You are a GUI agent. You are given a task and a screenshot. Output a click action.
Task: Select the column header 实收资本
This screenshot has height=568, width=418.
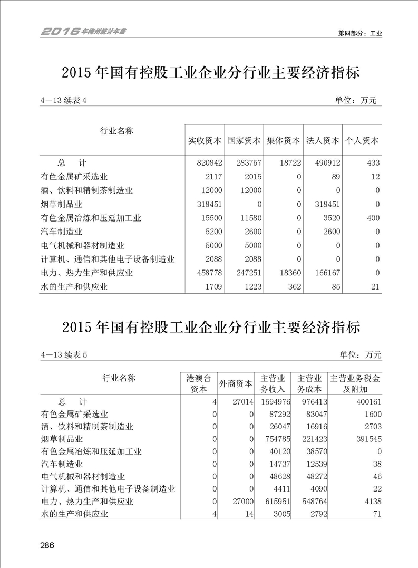point(205,141)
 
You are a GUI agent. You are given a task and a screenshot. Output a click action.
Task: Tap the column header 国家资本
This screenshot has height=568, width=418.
point(244,141)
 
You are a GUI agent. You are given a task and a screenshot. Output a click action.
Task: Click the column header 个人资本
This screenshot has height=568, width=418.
point(362,141)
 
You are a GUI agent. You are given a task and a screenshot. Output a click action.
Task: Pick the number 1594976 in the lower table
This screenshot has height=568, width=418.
point(273,402)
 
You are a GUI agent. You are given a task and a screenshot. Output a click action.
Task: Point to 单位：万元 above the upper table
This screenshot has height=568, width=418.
point(356,100)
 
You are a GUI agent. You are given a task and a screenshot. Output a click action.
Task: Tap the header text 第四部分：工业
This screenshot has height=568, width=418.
point(359,33)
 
